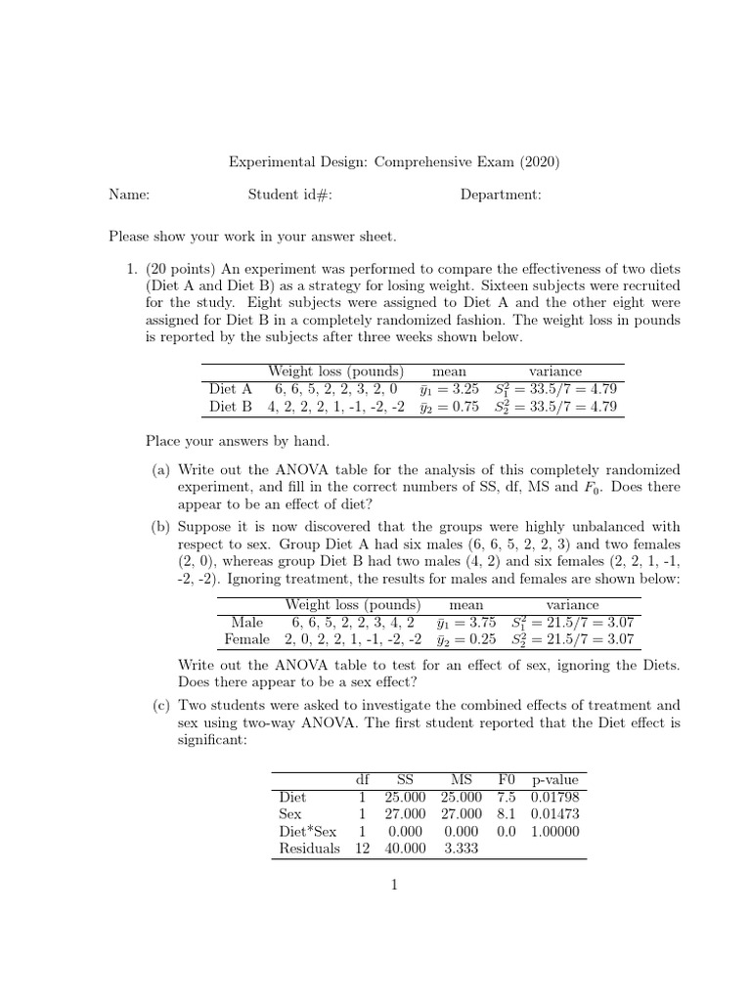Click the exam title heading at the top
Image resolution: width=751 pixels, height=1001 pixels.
coord(394,161)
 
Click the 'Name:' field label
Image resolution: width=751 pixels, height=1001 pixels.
coord(129,196)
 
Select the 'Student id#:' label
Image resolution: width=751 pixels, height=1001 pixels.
coord(290,196)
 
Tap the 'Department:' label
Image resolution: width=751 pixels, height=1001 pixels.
coord(501,196)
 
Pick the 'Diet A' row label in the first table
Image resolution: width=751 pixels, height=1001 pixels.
coord(231,389)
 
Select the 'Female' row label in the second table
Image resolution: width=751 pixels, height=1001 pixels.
coord(246,640)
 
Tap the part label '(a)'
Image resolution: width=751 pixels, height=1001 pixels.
coord(160,470)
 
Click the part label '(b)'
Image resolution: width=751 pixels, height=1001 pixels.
coord(160,526)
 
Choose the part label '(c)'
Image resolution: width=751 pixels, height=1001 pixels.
coord(160,705)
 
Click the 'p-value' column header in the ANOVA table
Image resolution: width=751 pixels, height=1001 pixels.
coord(554,780)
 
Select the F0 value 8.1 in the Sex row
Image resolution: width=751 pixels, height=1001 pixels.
coord(506,813)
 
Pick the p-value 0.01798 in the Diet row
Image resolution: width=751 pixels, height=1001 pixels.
coord(554,797)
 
